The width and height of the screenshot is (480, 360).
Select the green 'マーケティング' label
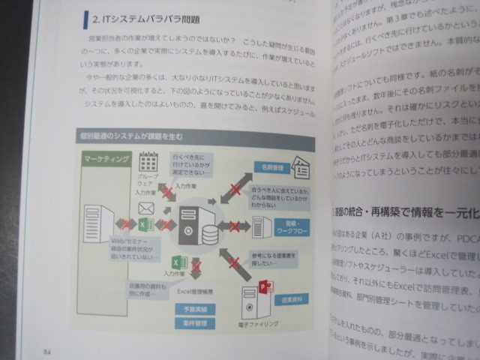pyautogui.click(x=105, y=160)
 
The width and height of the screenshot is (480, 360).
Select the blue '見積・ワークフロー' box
pyautogui.click(x=285, y=227)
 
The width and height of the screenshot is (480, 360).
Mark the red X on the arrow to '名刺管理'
pyautogui.click(x=234, y=187)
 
